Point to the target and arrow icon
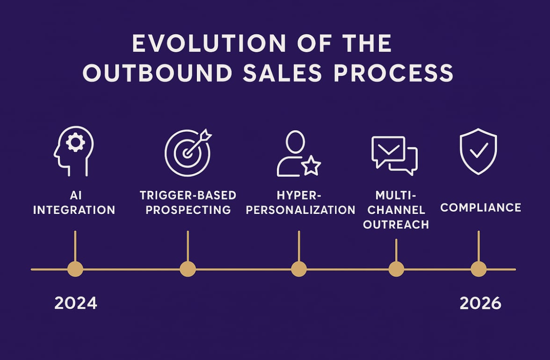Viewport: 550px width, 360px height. pyautogui.click(x=187, y=153)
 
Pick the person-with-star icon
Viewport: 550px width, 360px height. pyautogui.click(x=298, y=154)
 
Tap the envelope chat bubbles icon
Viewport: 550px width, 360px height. pyautogui.click(x=394, y=155)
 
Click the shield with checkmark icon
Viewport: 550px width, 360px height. pyautogui.click(x=478, y=151)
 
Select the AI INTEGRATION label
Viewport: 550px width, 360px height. pyautogui.click(x=74, y=202)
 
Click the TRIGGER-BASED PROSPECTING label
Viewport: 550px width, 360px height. pyautogui.click(x=188, y=202)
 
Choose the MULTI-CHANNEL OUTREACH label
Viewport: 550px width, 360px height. pyautogui.click(x=396, y=210)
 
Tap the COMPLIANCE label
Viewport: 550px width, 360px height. pyautogui.click(x=481, y=208)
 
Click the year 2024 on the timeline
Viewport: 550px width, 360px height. pyautogui.click(x=76, y=303)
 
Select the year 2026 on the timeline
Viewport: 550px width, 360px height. pyautogui.click(x=480, y=303)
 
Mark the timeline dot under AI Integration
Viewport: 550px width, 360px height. pyautogui.click(x=75, y=269)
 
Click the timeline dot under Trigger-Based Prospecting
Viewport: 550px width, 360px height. pyautogui.click(x=188, y=269)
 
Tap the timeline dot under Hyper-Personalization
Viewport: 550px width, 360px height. pyautogui.click(x=299, y=269)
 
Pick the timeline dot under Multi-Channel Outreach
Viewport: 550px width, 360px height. pyautogui.click(x=396, y=269)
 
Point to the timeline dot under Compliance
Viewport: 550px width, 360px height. pyautogui.click(x=479, y=269)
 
